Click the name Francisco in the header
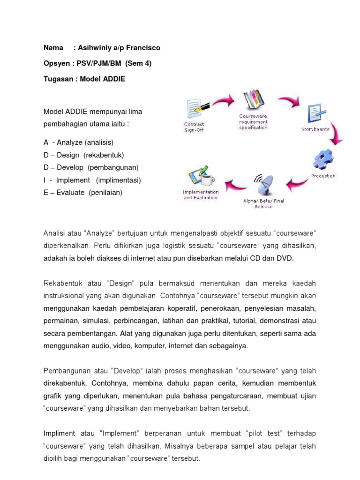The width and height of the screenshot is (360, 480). click(x=143, y=48)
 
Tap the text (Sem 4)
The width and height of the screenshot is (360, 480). click(x=138, y=63)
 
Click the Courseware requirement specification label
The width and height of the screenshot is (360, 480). click(x=253, y=121)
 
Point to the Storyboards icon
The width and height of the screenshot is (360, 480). click(x=315, y=114)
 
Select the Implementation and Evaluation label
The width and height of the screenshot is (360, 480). click(x=201, y=195)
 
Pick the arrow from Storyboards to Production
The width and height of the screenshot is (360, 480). click(x=337, y=136)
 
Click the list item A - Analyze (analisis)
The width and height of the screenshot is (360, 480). click(x=79, y=142)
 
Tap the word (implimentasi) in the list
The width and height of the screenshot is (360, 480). click(x=119, y=180)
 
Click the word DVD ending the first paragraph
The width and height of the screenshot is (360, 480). click(x=285, y=258)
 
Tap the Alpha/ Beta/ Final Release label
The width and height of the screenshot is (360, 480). click(x=263, y=203)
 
